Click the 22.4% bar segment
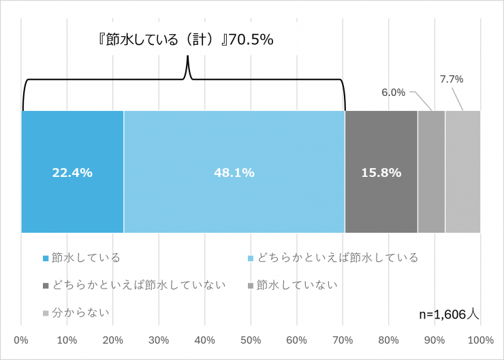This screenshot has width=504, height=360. click(x=72, y=172)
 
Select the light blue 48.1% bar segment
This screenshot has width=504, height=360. click(x=234, y=172)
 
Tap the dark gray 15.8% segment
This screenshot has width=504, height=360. click(x=381, y=172)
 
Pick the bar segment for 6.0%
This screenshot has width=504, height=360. click(x=431, y=172)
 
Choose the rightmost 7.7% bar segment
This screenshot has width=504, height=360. click(x=462, y=172)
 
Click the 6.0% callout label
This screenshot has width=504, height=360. click(x=393, y=93)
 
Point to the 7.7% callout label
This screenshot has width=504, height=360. click(x=452, y=79)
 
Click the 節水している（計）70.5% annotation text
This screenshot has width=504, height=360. click(x=185, y=39)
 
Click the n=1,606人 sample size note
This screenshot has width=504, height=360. click(x=450, y=314)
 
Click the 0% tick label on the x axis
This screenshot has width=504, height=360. click(x=21, y=340)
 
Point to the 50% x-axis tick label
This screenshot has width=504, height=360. click(x=251, y=340)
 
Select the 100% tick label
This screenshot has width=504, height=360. click(x=481, y=340)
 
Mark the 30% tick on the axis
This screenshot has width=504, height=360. click(x=159, y=340)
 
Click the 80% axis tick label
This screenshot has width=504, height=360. click(x=389, y=340)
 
